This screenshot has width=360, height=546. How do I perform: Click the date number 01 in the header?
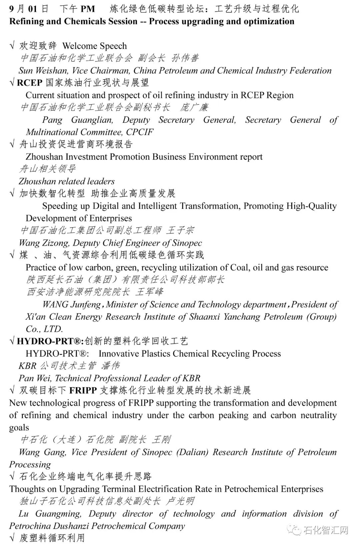click(x=33, y=9)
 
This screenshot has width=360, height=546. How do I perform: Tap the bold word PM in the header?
click(x=88, y=9)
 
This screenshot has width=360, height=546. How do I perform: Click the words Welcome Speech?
click(x=95, y=46)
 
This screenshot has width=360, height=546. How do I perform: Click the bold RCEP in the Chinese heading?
click(x=30, y=83)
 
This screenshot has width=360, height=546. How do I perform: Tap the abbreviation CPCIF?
click(x=140, y=132)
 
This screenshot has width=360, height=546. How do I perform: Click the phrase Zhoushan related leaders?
click(x=67, y=182)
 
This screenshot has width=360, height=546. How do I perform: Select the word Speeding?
click(x=62, y=206)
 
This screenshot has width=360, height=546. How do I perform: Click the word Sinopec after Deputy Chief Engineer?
click(x=187, y=243)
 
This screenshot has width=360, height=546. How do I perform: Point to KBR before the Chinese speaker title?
click(x=27, y=366)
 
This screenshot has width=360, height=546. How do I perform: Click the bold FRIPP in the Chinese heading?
click(x=83, y=390)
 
